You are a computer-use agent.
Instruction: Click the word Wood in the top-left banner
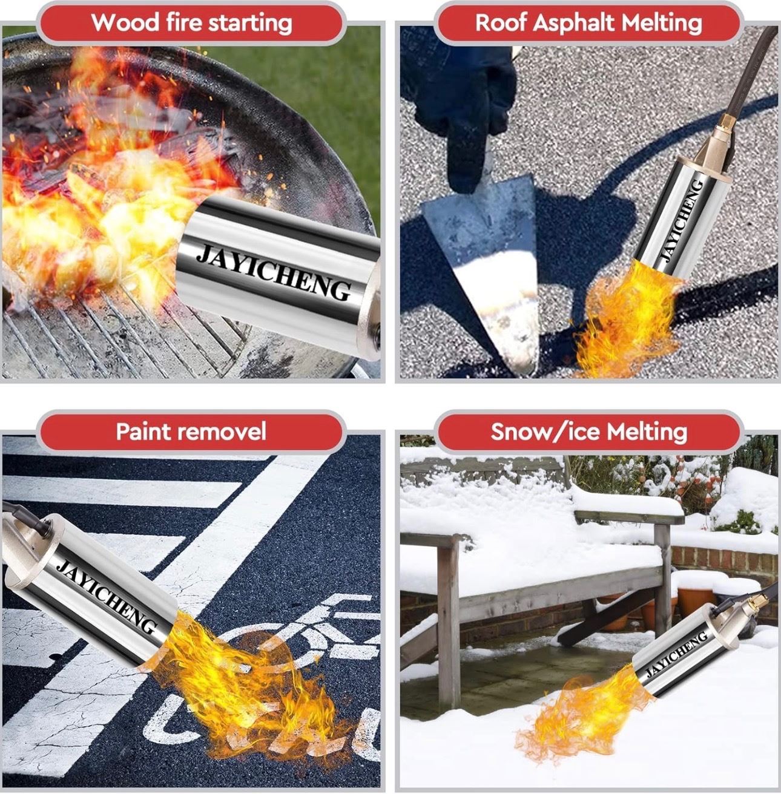coord(125,22)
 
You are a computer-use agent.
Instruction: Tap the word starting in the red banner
coord(250,24)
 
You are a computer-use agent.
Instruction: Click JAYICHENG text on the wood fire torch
coord(274,272)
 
